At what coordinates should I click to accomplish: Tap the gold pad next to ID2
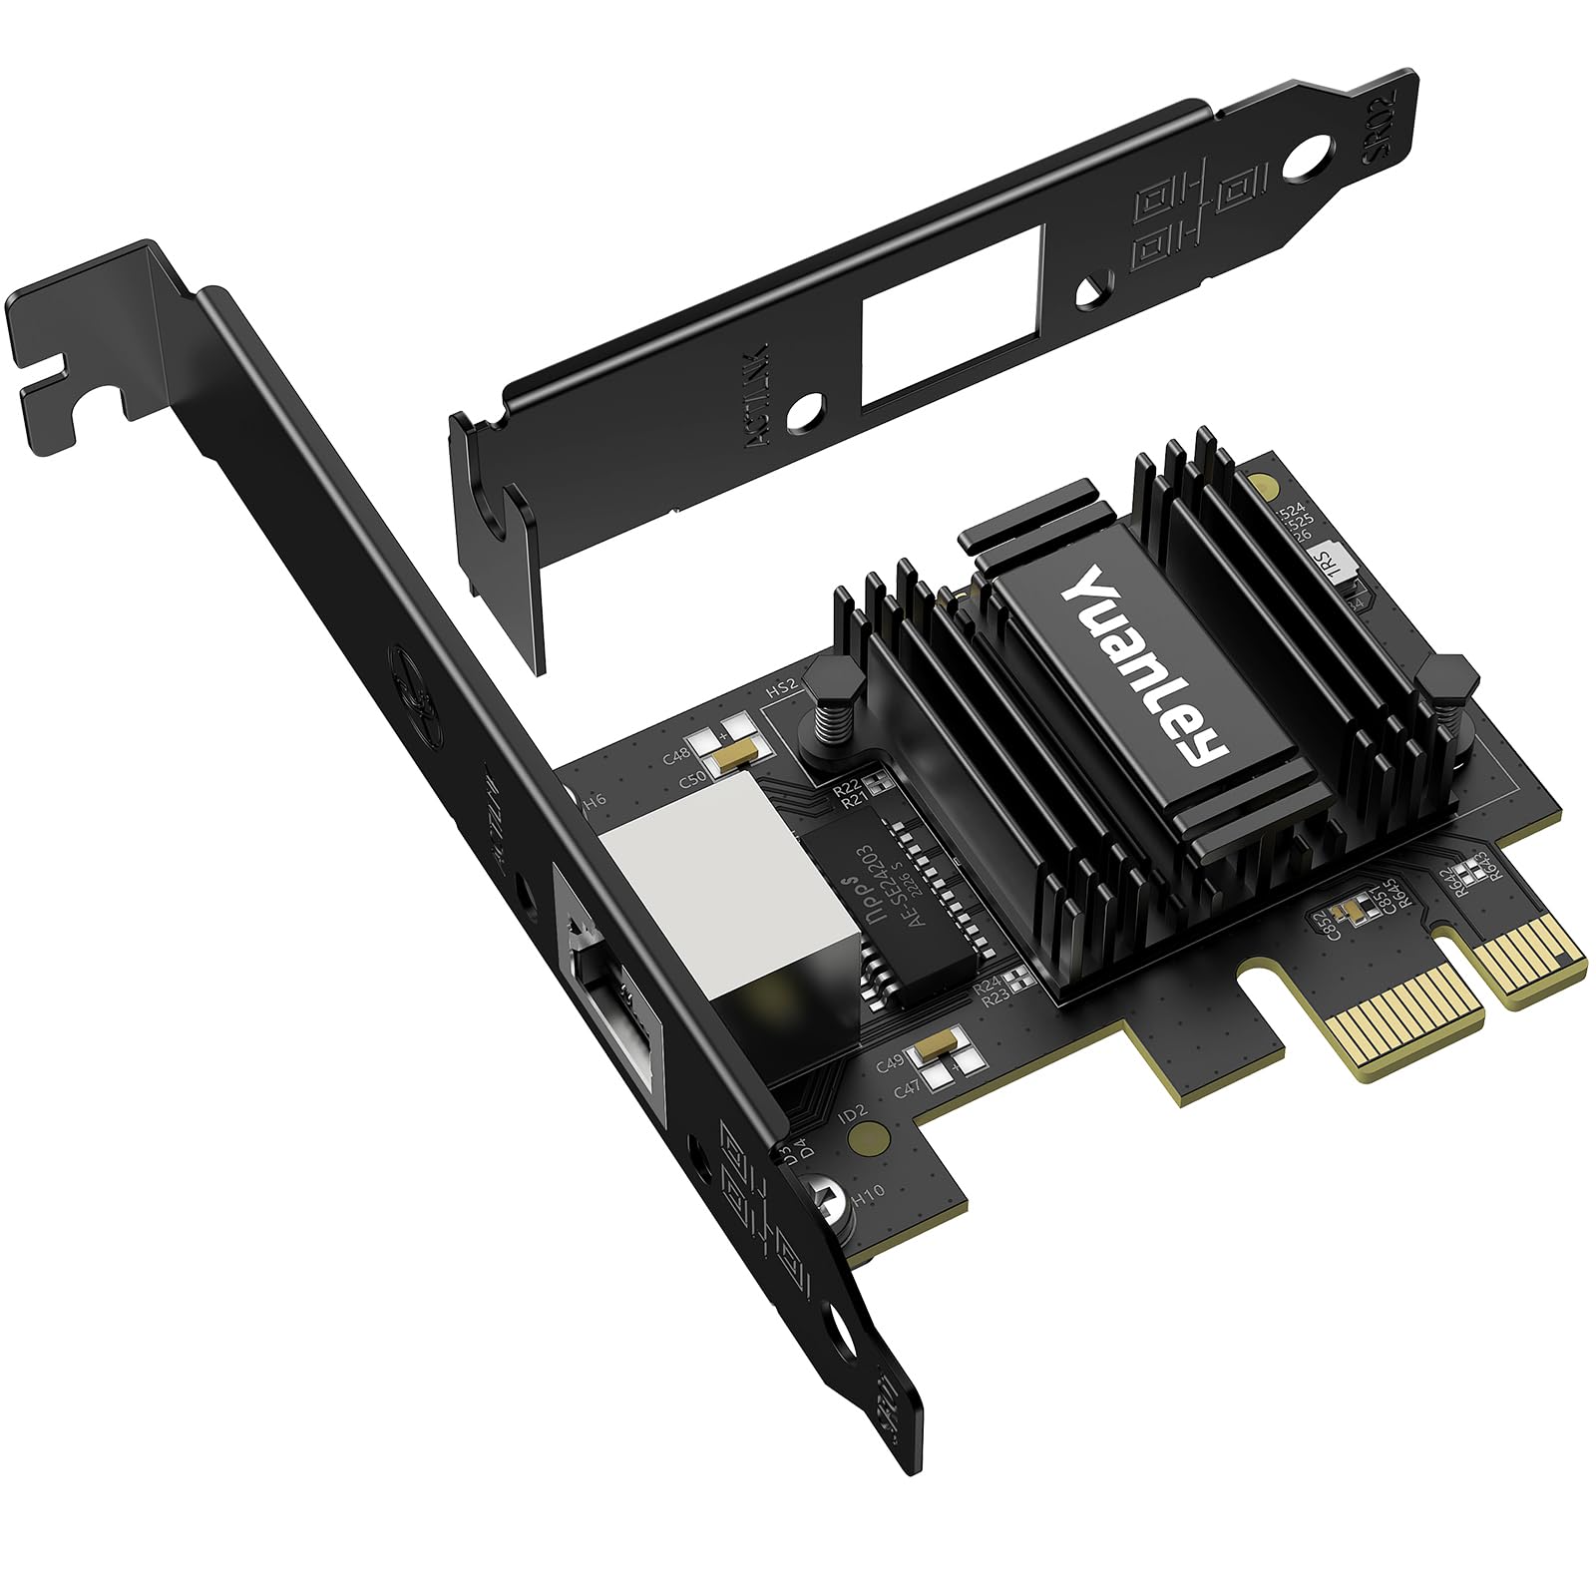(875, 1133)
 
